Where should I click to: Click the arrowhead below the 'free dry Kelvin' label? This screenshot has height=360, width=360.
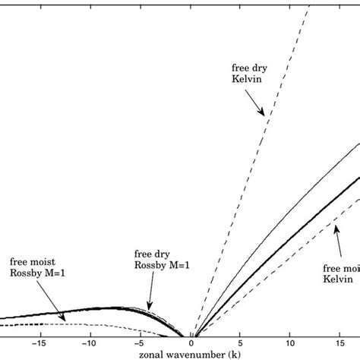coord(264,115)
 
